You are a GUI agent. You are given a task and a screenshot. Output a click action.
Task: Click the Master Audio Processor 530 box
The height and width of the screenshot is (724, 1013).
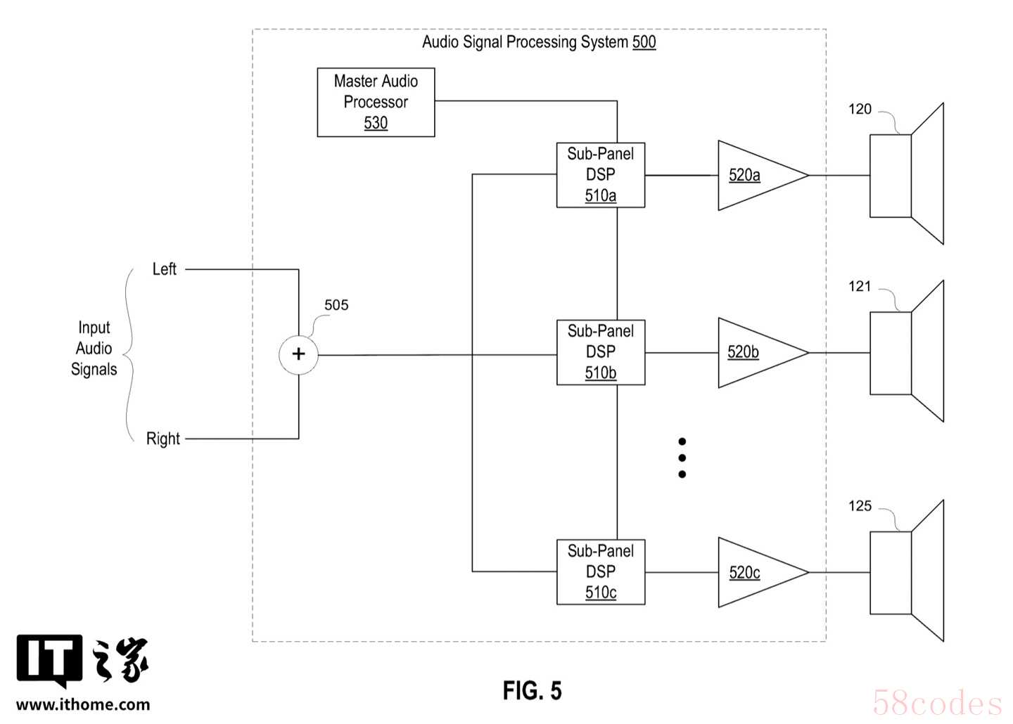tap(376, 102)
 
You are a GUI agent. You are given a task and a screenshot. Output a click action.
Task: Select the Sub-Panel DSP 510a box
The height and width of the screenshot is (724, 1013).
tap(600, 174)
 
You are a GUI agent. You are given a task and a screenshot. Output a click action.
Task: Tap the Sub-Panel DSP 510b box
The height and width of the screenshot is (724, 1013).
tap(600, 351)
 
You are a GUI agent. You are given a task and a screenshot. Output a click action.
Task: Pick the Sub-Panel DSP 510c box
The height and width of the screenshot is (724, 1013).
tap(600, 571)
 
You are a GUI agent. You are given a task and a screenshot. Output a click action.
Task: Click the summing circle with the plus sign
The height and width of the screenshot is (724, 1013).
tap(298, 354)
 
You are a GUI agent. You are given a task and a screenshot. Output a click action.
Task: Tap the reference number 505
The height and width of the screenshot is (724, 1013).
tap(336, 305)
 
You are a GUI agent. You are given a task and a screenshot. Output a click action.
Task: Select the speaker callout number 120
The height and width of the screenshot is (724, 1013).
tap(860, 109)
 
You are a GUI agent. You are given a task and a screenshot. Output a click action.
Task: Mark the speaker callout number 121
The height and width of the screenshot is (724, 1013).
tap(860, 286)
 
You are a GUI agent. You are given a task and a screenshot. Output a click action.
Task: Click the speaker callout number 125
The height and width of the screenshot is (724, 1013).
tap(860, 506)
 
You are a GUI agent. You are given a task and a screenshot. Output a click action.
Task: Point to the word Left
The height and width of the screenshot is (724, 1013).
tap(165, 269)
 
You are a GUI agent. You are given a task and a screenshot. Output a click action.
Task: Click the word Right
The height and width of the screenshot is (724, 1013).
tap(163, 439)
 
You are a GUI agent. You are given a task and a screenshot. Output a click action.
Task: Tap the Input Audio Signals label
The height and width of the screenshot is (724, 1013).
tap(94, 349)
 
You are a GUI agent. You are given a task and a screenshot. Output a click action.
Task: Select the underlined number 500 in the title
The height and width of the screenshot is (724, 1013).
tap(644, 42)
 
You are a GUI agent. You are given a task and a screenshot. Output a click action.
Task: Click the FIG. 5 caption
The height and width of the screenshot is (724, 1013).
tap(532, 691)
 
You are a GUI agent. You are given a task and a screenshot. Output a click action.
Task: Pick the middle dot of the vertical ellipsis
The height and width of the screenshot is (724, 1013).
tap(682, 458)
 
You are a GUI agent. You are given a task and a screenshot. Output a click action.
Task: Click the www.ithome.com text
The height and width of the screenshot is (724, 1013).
tap(83, 704)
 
